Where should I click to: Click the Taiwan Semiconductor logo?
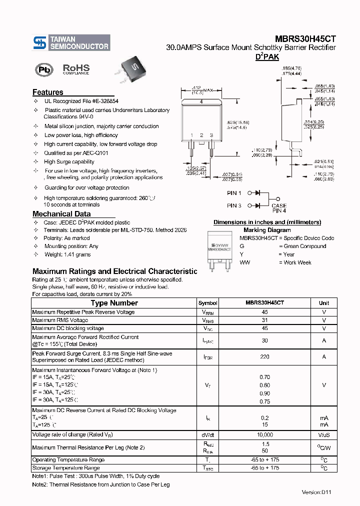click(71, 42)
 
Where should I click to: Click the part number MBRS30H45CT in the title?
click(305, 38)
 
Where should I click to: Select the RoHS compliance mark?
click(76, 69)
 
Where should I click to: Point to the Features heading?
click(48, 92)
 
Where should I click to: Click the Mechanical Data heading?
click(61, 214)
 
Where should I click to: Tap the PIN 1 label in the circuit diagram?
click(234, 193)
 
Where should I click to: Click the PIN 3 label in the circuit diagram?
click(234, 205)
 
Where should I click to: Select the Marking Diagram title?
click(267, 230)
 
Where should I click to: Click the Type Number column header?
click(114, 303)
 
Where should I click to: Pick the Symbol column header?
click(207, 303)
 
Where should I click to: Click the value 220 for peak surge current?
click(264, 357)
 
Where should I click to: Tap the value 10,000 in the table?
click(264, 435)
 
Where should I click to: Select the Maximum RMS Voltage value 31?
click(264, 320)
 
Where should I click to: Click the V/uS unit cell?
click(324, 435)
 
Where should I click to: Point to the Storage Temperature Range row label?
click(66, 468)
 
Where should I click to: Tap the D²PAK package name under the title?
click(267, 57)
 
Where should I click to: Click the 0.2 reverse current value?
click(264, 418)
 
